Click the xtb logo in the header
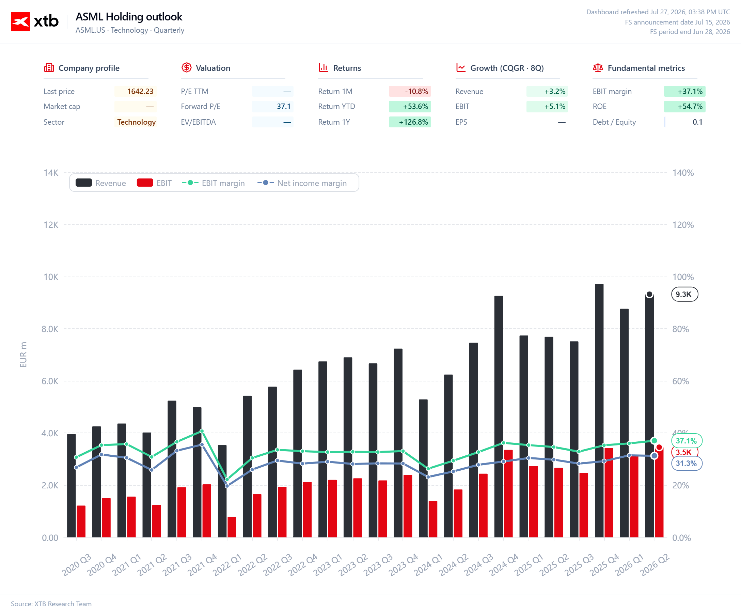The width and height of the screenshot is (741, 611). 34,22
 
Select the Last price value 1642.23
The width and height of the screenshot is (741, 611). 140,92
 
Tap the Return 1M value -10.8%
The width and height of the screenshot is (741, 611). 416,92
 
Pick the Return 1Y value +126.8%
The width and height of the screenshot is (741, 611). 413,122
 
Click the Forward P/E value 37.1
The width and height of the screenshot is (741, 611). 284,107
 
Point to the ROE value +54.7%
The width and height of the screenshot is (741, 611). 690,107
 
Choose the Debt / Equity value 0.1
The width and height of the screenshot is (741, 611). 697,122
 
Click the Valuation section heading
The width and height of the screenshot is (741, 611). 213,68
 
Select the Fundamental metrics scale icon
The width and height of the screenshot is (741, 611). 598,67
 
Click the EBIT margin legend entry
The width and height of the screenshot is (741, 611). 213,183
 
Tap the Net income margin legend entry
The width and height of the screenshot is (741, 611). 302,183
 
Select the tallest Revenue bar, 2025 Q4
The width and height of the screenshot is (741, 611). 599,411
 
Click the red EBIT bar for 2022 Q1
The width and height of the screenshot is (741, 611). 232,527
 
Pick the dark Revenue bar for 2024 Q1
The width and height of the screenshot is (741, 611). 423,468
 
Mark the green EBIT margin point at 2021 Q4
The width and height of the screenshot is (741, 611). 202,431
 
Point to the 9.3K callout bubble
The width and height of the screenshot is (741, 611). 685,294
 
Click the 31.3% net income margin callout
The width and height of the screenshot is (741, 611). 687,463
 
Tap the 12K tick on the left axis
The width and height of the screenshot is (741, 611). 51,225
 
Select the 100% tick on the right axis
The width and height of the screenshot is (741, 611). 683,277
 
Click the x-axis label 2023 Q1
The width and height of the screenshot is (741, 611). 328,565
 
